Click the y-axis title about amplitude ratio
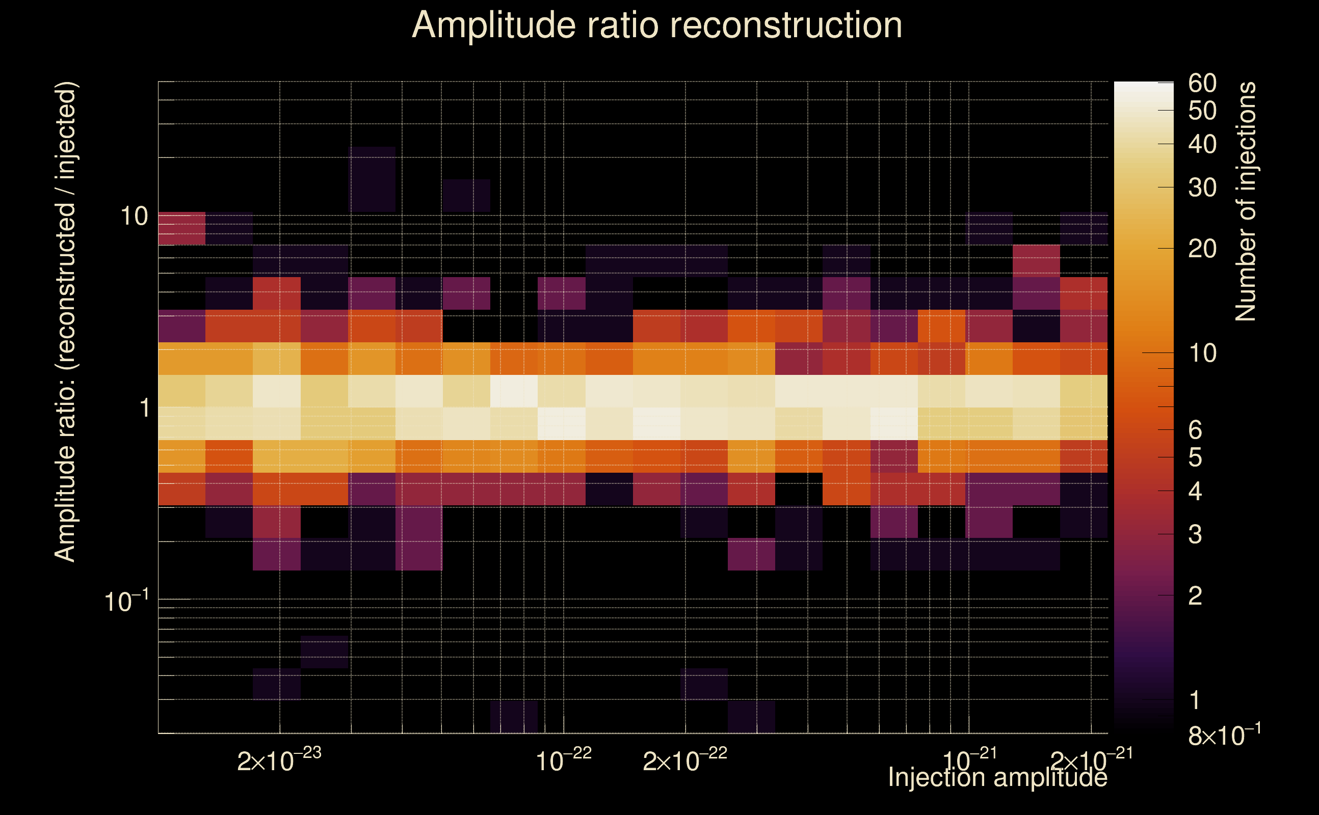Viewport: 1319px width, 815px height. coord(65,321)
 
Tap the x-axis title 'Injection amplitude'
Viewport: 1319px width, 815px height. coord(997,777)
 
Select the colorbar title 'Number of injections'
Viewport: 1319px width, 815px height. coord(1246,202)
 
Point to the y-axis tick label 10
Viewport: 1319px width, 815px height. coord(134,216)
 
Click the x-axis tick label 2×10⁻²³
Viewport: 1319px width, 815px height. coord(279,760)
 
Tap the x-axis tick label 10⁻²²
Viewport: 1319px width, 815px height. coord(564,760)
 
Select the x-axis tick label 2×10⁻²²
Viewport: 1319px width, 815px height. coord(685,760)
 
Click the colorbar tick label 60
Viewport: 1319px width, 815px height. coord(1202,84)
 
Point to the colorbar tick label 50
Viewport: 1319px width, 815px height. coord(1202,111)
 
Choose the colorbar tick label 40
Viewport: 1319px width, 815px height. coord(1202,145)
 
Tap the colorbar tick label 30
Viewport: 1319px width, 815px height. coord(1202,187)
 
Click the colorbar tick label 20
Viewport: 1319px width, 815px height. coord(1202,249)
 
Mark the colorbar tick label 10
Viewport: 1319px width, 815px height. coord(1202,353)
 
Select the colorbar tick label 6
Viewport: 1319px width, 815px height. coord(1195,430)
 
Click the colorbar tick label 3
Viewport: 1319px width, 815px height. coord(1195,534)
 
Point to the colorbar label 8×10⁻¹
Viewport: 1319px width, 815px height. coord(1224,735)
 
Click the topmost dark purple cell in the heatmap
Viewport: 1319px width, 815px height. coord(373,178)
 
